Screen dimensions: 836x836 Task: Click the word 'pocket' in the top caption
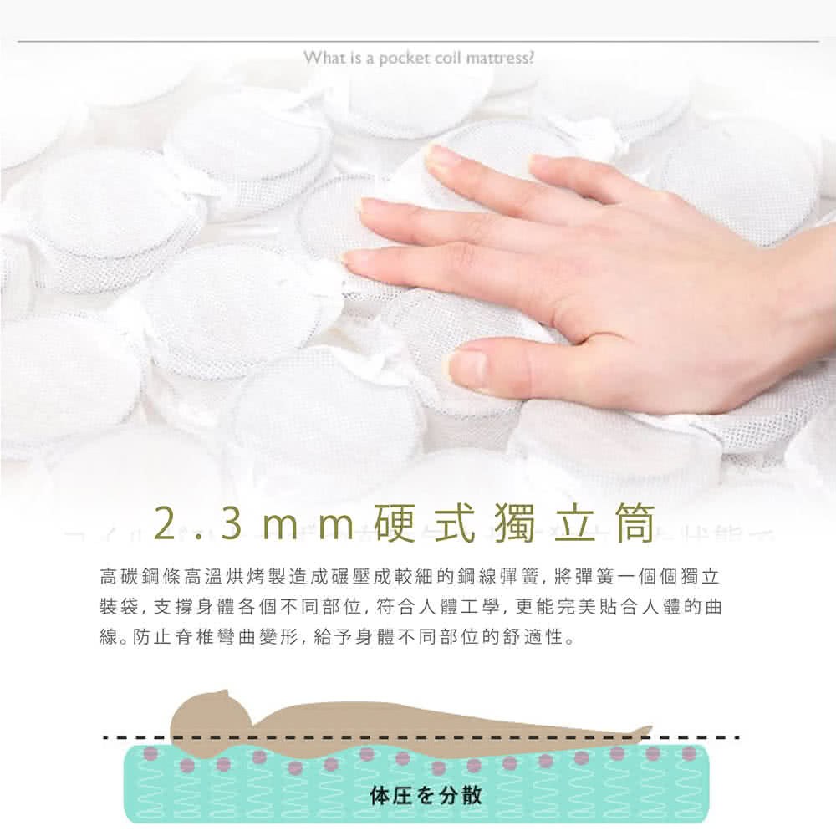coord(403,59)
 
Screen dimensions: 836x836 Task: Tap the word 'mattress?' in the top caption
coord(500,58)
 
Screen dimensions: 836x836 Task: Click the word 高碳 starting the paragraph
coord(119,576)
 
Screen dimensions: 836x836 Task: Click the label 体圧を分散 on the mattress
coord(426,794)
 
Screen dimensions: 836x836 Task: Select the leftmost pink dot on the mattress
coord(150,753)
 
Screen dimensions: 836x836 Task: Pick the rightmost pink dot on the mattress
coord(689,753)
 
